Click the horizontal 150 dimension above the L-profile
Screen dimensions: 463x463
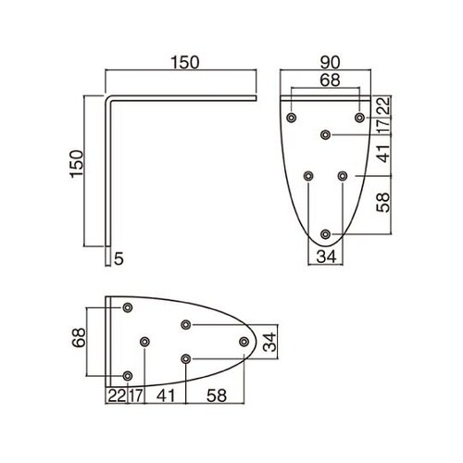pyautogui.click(x=185, y=63)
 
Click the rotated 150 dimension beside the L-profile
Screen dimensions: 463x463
pyautogui.click(x=77, y=164)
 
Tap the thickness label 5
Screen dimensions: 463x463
pyautogui.click(x=119, y=258)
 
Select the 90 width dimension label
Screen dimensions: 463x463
pyautogui.click(x=330, y=63)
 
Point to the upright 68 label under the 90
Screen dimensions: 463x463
pyautogui.click(x=330, y=81)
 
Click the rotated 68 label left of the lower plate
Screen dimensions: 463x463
pyautogui.click(x=79, y=338)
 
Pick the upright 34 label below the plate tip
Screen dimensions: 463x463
pyautogui.click(x=326, y=257)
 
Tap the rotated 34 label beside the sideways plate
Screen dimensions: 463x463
pyautogui.click(x=269, y=342)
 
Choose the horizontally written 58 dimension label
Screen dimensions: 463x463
pyautogui.click(x=217, y=395)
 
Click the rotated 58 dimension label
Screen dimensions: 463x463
pyautogui.click(x=383, y=203)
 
